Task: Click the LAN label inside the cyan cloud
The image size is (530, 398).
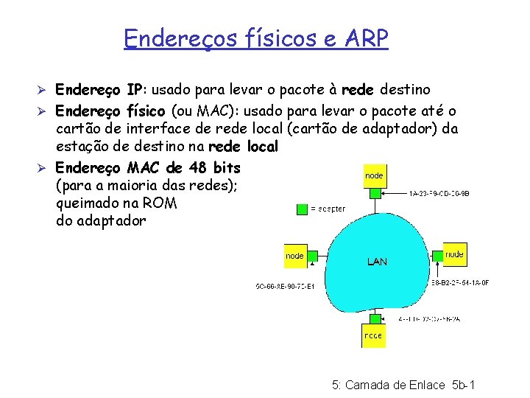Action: coord(376,262)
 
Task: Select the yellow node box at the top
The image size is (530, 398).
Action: coord(374,175)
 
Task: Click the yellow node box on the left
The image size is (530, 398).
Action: coord(295,256)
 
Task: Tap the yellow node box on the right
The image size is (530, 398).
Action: coord(455,254)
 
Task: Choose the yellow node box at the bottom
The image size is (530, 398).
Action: coord(372,335)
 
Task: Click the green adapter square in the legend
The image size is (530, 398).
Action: coord(302,209)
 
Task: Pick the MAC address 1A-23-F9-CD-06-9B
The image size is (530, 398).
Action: coord(439,194)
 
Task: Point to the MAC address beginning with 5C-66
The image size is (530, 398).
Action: coord(285,286)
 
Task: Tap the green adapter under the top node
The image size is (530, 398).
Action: coord(375,193)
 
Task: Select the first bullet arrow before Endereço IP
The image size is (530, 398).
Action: coord(44,91)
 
